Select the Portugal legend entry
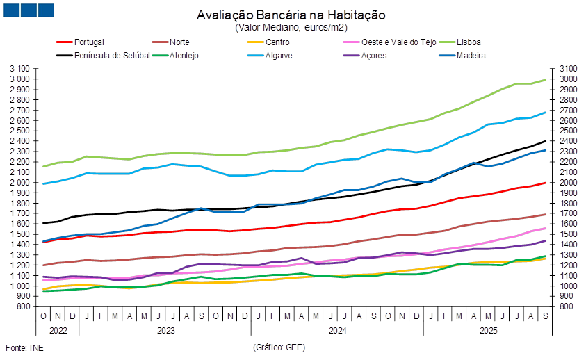pos(89,42)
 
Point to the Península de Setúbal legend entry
pos(111,56)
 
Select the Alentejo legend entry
pos(184,56)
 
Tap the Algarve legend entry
pos(278,56)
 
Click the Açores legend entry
pos(369,56)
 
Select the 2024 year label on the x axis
pos(336,331)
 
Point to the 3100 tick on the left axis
pos(21,69)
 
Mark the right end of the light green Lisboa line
pos(546,79)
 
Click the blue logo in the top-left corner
pos(28,10)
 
